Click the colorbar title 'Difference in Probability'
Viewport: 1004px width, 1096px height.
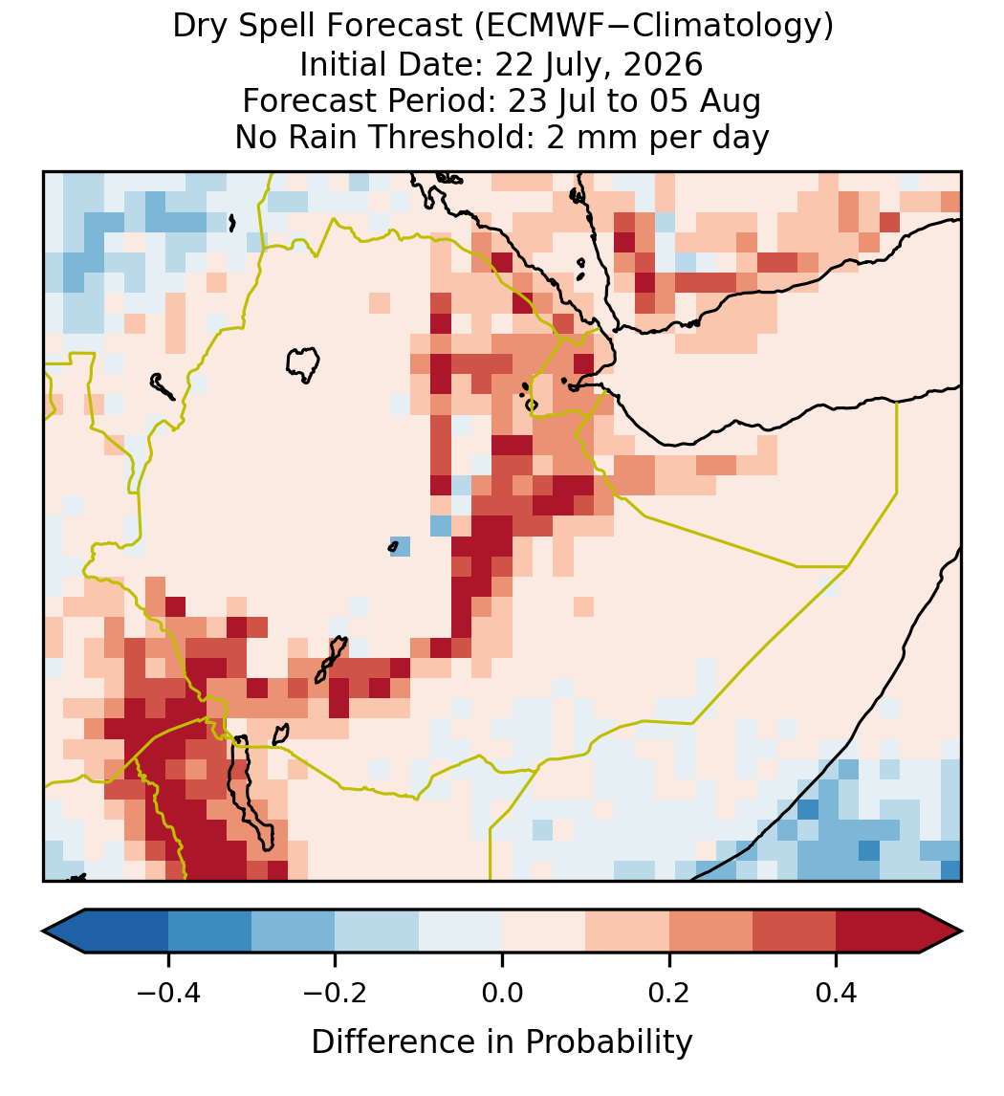[502, 1041]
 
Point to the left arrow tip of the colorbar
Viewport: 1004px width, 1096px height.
[43, 932]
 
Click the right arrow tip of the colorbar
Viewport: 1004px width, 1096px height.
[962, 932]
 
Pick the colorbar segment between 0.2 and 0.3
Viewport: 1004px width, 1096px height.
[710, 932]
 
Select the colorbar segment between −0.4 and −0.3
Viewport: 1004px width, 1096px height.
[209, 932]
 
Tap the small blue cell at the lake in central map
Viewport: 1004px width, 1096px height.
[400, 546]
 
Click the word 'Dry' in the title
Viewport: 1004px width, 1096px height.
[195, 27]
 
